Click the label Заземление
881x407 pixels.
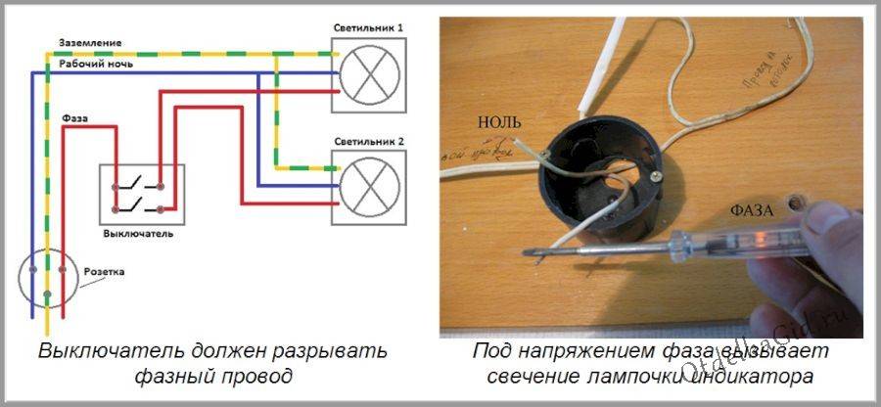pos(89,45)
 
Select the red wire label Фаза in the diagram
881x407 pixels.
pos(74,118)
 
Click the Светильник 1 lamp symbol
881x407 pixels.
pos(368,73)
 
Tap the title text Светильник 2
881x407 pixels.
pos(368,143)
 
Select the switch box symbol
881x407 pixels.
pos(142,193)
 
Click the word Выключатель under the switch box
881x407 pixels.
pos(138,236)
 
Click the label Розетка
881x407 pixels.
pos(107,271)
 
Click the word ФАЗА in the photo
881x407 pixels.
pos(752,209)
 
